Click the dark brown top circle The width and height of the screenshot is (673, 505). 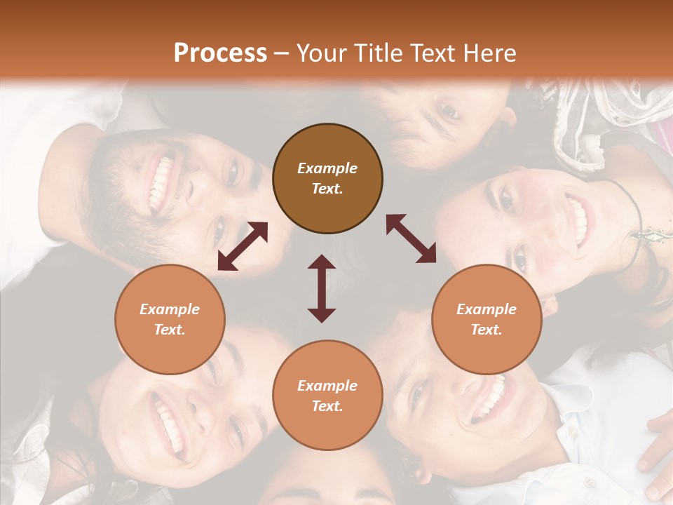coord(327,178)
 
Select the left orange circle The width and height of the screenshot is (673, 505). coord(170,319)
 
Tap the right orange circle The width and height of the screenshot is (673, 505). coord(487,319)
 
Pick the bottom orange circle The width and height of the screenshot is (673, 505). coord(327,396)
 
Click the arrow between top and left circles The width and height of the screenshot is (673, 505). coord(243,246)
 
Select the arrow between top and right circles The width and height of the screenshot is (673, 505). coord(411,239)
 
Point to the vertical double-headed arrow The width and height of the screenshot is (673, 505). coord(322,288)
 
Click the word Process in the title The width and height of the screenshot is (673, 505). coord(220,53)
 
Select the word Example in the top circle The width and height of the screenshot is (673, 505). coord(327,168)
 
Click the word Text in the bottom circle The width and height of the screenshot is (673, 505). coord(327,406)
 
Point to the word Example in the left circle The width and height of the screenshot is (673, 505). coord(170,309)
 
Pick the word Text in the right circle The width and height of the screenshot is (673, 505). coord(487,330)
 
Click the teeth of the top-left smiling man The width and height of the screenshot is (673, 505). coord(161,184)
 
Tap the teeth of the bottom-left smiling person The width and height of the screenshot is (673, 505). coord(169,424)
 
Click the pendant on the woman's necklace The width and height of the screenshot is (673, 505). coord(646,233)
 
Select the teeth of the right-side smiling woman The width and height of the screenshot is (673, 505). coord(579,222)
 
